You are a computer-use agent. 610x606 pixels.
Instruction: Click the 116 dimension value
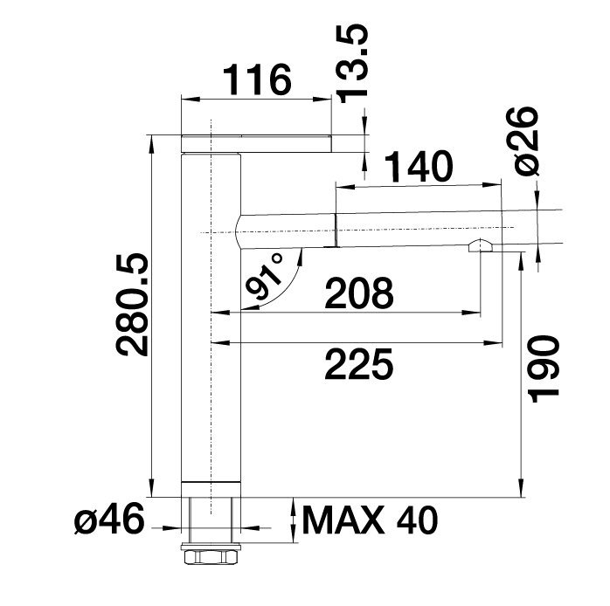pos(259,80)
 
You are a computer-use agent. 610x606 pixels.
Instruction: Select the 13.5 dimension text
pos(353,65)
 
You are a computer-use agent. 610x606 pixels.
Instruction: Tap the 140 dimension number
pos(419,167)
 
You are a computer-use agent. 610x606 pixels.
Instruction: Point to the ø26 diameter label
pos(526,141)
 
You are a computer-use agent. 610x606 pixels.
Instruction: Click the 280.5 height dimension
pos(132,305)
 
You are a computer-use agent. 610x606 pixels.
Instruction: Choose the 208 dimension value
pos(359,293)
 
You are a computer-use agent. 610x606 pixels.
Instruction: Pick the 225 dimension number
pos(358,364)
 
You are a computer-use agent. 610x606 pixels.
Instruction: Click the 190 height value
pos(543,368)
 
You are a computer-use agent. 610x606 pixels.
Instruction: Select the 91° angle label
pos(265,276)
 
